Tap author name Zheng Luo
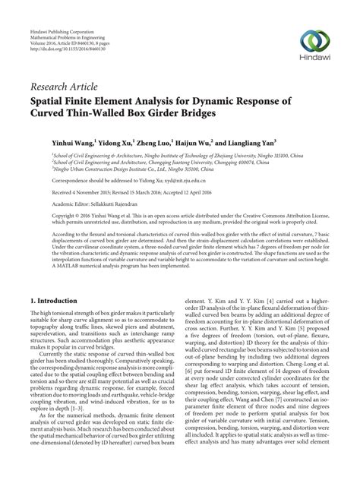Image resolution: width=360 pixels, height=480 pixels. click(x=153, y=141)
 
